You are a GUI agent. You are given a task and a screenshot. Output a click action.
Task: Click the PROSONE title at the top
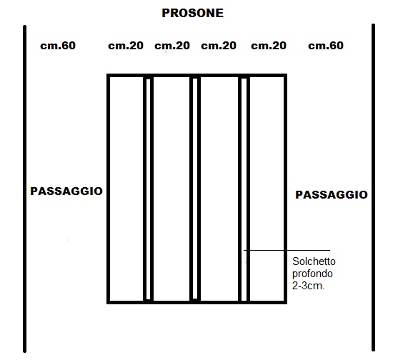coord(192,13)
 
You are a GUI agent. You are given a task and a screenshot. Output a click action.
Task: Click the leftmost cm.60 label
coord(58,46)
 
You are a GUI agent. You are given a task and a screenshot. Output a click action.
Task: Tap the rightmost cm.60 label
coord(326,46)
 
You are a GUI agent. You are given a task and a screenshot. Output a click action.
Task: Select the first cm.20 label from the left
coord(126,46)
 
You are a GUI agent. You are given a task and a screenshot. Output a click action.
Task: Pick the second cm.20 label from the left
coord(172,46)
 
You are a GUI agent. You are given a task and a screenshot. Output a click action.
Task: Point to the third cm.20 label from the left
coord(219,46)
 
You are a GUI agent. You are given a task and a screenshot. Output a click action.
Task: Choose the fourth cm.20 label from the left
coord(269,46)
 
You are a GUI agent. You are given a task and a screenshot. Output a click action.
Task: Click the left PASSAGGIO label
coord(66,191)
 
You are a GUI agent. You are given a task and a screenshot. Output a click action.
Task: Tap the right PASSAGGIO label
coord(332,195)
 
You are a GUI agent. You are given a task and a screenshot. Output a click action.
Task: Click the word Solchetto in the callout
coord(314,261)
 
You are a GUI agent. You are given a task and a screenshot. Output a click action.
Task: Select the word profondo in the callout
coord(312,274)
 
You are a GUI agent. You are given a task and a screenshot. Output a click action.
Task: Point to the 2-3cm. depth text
coord(308,286)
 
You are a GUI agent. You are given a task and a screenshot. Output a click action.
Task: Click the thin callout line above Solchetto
coord(287,250)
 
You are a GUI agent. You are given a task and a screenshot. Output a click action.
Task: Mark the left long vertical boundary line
coord(25,189)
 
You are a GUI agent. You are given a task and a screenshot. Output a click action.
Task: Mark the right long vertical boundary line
coord(373,188)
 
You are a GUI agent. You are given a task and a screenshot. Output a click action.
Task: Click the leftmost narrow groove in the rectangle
coord(149,189)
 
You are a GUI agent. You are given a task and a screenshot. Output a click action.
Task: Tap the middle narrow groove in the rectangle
coord(195,189)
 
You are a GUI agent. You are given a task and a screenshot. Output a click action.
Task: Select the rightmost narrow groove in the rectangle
coord(244,189)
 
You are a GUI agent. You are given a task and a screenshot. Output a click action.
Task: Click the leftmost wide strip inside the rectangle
coord(126,189)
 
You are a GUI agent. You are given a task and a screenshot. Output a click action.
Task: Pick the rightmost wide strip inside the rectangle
coord(267,189)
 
